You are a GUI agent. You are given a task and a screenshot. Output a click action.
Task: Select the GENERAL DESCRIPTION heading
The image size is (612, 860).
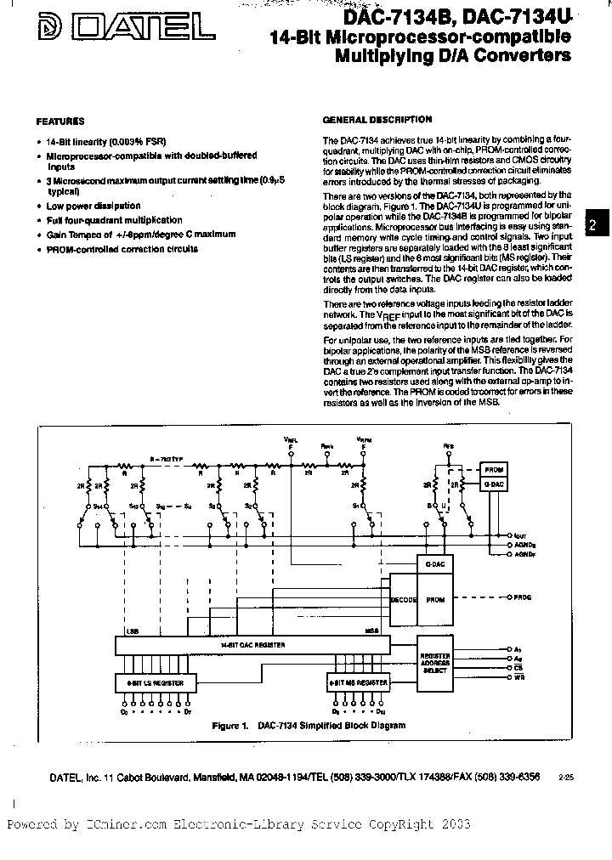[x=377, y=120]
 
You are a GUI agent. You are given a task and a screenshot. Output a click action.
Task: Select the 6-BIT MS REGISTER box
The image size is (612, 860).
[x=359, y=682]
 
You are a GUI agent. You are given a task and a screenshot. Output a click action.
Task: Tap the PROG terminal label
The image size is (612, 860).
[x=523, y=597]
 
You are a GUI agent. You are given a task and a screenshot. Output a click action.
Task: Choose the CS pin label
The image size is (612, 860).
[x=518, y=669]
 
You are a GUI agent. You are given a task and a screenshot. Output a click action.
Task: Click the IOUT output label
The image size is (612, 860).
[x=521, y=536]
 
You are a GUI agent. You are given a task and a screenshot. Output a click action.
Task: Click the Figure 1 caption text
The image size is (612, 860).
[x=308, y=725]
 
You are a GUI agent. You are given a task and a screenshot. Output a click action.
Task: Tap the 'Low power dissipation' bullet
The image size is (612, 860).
[x=93, y=206]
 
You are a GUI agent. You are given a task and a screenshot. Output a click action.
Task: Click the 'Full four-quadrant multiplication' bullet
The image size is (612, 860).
[x=115, y=220]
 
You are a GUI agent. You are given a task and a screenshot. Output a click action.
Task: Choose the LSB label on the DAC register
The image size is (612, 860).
[x=131, y=631]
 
